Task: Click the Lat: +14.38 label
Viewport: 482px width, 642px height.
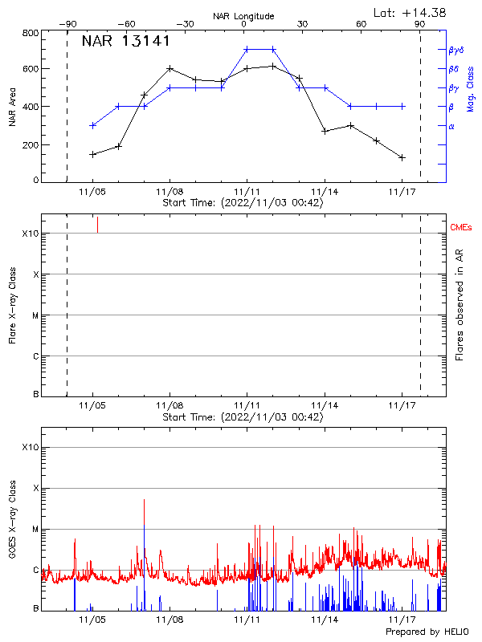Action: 411,11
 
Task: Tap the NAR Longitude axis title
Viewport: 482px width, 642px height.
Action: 243,15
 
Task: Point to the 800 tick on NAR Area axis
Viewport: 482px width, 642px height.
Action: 31,33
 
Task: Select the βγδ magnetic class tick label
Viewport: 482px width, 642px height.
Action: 455,50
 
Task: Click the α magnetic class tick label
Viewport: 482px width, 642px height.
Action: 451,126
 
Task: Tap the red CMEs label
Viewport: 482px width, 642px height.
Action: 462,227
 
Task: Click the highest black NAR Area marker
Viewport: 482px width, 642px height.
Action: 273,66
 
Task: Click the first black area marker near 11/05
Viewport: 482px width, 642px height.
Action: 93,154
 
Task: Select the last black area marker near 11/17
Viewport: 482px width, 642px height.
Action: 402,157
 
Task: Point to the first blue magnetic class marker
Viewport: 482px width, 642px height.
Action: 93,125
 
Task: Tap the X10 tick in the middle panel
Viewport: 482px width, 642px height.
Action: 30,234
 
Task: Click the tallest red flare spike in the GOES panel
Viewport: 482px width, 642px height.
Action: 145,501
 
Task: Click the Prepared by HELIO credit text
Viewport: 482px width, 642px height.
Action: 427,632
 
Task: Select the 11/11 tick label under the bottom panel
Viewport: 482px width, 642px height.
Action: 247,620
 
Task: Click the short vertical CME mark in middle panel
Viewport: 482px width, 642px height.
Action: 97,225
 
